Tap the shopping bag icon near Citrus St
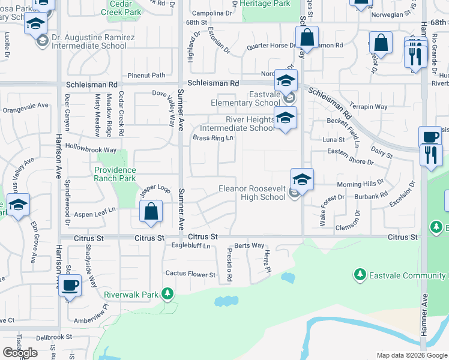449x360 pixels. pos(151,212)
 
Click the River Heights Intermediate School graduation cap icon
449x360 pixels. pos(285,119)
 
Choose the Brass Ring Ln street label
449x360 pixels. pos(212,138)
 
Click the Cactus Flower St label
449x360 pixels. pos(190,275)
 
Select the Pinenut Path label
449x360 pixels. pos(142,75)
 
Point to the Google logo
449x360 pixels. pos(20,353)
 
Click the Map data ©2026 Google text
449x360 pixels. pos(412,355)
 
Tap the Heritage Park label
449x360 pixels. pos(265,4)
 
